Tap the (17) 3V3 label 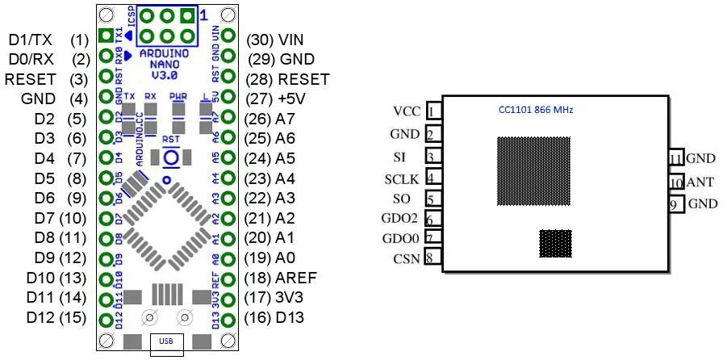(x=285, y=298)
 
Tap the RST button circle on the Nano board (x=169, y=158)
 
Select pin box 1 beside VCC (x=434, y=111)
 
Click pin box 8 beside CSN (x=434, y=258)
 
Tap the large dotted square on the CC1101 (x=533, y=172)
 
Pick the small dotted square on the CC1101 (x=555, y=244)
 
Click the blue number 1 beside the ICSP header (x=203, y=15)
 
